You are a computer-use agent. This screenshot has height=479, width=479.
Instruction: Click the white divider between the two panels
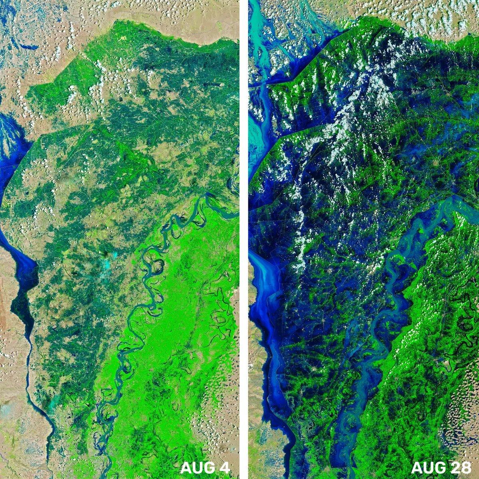pos(244,239)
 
